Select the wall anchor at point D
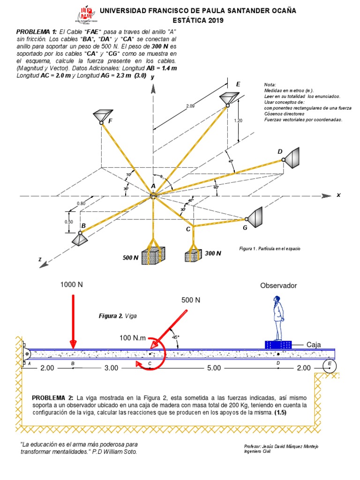point(293,158)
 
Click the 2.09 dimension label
point(190,106)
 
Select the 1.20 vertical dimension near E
point(238,120)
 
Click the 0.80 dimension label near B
point(81,203)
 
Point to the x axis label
point(338,195)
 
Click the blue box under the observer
point(278,345)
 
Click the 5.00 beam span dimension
point(214,368)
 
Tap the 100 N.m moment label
point(133,337)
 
